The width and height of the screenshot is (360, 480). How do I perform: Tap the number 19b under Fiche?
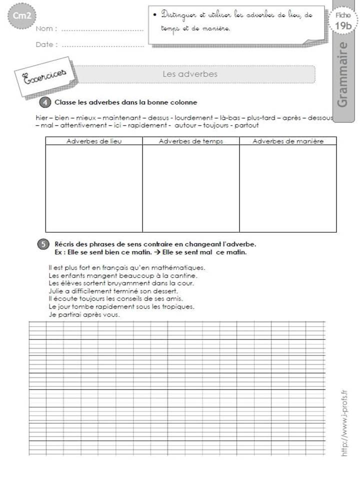(x=343, y=26)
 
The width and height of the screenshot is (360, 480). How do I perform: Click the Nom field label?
(x=46, y=28)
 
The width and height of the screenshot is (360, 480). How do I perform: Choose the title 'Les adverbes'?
(x=190, y=73)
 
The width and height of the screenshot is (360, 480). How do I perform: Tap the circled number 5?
(x=43, y=244)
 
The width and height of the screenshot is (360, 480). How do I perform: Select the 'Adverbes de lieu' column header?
(x=94, y=141)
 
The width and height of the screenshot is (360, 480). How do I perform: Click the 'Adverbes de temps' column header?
(x=191, y=141)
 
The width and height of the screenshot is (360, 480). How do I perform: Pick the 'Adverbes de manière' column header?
(x=288, y=141)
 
